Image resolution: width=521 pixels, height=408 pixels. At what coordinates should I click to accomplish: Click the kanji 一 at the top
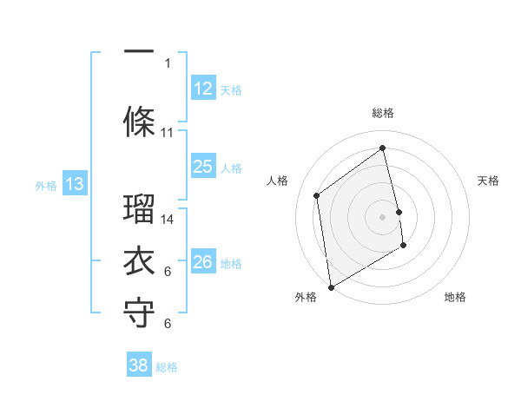(x=139, y=52)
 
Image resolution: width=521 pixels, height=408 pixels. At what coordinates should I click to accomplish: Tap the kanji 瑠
(x=139, y=208)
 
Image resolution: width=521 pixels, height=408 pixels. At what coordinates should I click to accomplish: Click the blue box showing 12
(x=203, y=89)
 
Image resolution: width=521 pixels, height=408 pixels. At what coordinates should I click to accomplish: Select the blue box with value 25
(x=203, y=167)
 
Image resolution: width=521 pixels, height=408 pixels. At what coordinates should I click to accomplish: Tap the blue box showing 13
(x=75, y=184)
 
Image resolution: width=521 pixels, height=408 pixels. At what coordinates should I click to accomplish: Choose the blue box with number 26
(x=203, y=262)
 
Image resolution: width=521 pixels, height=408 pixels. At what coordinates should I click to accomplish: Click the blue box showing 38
(x=139, y=365)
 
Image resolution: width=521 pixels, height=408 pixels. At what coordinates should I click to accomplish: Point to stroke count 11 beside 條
(x=168, y=133)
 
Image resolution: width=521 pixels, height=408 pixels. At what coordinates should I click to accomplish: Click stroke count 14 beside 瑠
(x=168, y=220)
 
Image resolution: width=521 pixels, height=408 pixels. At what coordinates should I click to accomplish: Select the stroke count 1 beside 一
(x=168, y=63)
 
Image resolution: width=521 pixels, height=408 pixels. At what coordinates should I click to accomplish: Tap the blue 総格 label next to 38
(x=167, y=367)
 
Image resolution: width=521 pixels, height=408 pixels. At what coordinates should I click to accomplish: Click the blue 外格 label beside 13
(x=46, y=186)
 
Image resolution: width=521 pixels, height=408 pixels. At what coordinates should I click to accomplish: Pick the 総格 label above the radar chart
(x=383, y=113)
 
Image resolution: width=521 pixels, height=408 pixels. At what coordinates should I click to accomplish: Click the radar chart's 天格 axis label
(x=488, y=181)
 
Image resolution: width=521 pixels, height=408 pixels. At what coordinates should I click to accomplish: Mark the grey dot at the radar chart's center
(x=383, y=216)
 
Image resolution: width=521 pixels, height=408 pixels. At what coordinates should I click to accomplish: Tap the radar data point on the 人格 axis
(x=317, y=195)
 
